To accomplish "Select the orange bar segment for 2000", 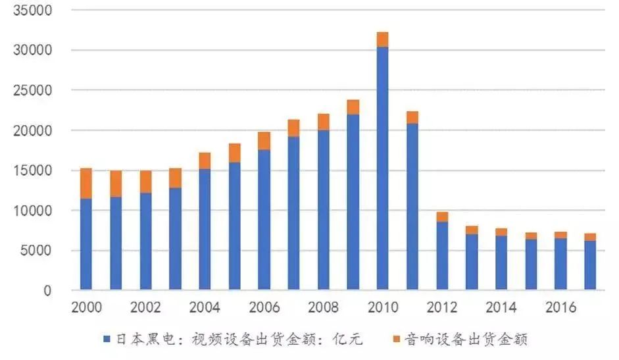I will click(86, 184).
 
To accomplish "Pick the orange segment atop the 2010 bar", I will click(382, 39).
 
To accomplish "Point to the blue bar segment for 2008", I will click(323, 210).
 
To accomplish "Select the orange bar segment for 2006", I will click(264, 141).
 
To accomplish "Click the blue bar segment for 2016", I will click(560, 264).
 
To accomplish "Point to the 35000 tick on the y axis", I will click(34, 11).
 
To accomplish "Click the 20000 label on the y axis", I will click(34, 131).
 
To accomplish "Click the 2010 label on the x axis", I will click(382, 307).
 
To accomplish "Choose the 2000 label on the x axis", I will click(86, 307).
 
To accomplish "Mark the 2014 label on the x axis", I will click(501, 307).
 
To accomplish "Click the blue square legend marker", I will click(107, 340).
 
